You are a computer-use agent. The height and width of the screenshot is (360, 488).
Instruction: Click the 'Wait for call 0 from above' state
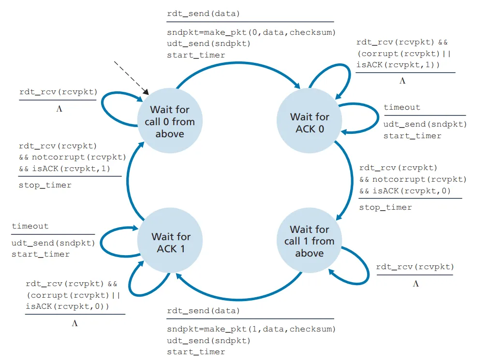click(170, 121)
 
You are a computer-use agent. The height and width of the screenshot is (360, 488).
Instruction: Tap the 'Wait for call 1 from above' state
click(310, 241)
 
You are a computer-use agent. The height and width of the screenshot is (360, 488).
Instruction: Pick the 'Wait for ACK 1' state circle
click(170, 242)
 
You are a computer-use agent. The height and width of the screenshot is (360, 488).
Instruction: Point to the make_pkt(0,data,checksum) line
click(251, 32)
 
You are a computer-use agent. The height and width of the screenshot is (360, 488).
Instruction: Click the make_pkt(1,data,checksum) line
click(251, 329)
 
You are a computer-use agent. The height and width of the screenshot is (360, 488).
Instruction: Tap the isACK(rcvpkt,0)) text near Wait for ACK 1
click(67, 306)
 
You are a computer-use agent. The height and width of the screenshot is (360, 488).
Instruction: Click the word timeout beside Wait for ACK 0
click(402, 107)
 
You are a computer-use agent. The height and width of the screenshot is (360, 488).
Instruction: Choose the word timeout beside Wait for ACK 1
click(30, 226)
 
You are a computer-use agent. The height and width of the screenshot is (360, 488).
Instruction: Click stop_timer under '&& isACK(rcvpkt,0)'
click(385, 207)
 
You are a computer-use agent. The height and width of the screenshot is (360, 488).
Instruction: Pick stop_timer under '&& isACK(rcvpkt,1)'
click(45, 185)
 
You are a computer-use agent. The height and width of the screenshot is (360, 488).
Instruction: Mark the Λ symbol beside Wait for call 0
click(59, 109)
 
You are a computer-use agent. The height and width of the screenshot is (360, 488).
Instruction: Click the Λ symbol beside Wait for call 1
click(415, 284)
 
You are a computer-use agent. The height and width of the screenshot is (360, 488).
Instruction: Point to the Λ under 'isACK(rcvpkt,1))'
click(402, 81)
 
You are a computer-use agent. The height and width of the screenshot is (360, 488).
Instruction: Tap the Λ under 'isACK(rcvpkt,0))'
click(74, 323)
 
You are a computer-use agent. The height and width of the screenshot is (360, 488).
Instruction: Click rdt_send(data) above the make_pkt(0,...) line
click(203, 14)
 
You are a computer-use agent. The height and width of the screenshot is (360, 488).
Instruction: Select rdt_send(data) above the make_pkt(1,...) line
click(203, 311)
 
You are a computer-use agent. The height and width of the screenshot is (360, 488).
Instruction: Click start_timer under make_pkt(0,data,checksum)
click(196, 55)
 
